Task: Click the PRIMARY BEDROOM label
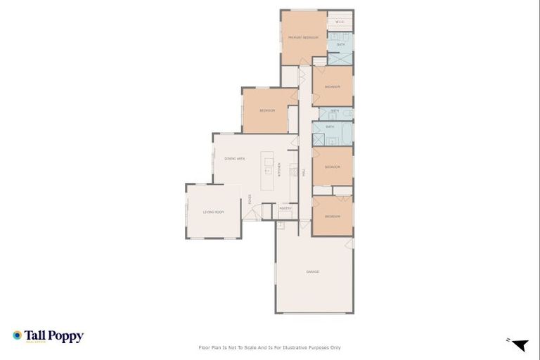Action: (303, 37)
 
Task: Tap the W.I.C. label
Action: (340, 21)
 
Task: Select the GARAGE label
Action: (313, 271)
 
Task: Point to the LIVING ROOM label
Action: (213, 212)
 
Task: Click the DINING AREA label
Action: (234, 159)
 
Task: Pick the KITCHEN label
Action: (279, 169)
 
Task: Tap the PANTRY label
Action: (285, 208)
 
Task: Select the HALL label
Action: (304, 172)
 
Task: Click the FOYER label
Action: (250, 199)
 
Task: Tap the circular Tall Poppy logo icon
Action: (17, 335)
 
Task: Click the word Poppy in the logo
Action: (66, 336)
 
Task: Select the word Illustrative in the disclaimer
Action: (298, 347)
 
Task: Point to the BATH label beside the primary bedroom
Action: (340, 44)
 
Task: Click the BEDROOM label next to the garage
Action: (333, 216)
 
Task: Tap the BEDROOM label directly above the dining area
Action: (266, 110)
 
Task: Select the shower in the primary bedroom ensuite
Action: (340, 59)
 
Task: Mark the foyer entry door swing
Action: (250, 214)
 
